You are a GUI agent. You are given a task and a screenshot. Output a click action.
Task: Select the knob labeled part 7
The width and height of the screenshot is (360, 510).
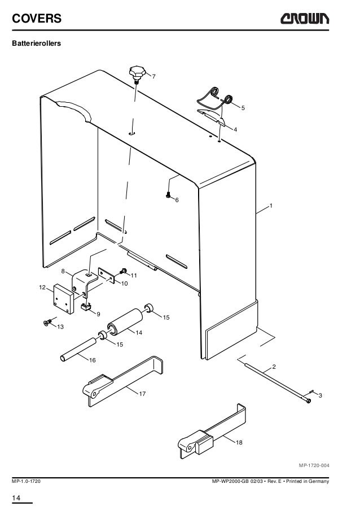click(137, 73)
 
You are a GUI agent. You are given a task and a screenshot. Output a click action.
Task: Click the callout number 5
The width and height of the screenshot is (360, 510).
click(243, 107)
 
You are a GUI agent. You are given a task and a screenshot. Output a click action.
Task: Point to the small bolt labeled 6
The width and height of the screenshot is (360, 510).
click(168, 195)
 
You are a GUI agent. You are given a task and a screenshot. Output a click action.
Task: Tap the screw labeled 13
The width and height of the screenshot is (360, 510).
click(47, 322)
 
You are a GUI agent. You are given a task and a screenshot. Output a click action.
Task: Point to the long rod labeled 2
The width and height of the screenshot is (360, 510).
click(276, 384)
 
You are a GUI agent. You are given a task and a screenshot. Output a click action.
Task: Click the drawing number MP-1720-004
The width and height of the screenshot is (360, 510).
click(314, 465)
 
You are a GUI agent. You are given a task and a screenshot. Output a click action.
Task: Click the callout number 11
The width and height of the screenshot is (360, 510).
click(134, 275)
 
